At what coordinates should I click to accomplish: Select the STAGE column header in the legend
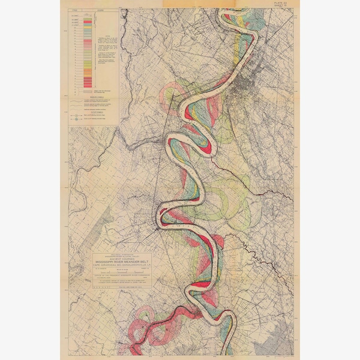[74, 11]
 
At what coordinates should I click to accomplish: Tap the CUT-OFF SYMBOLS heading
[94, 113]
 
